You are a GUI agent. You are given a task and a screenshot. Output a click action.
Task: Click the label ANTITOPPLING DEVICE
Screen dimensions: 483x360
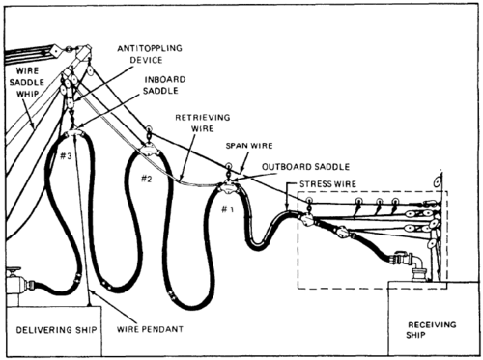(150, 54)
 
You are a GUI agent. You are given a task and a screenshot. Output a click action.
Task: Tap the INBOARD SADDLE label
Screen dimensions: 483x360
(164, 85)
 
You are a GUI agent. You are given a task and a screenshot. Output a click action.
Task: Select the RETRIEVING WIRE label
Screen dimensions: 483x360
(203, 123)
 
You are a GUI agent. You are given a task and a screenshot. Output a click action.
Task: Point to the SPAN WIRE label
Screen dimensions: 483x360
(249, 146)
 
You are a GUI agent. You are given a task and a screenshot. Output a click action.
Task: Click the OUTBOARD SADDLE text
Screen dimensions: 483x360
(305, 167)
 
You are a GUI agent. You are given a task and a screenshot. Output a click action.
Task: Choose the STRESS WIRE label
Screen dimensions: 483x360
(327, 184)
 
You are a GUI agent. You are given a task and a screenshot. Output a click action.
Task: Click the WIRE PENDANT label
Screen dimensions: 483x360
(150, 329)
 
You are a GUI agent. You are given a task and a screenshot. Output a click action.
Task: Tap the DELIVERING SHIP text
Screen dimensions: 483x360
(57, 330)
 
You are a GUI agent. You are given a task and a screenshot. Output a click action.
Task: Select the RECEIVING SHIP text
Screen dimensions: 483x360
(432, 329)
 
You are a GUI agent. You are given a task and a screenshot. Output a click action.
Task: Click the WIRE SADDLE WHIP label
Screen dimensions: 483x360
(27, 82)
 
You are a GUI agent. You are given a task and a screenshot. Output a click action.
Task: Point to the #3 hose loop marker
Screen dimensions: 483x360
(67, 156)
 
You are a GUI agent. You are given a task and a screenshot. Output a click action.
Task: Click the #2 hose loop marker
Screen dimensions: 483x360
(146, 179)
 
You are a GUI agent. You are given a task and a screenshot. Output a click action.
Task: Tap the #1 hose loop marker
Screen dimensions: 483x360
(227, 209)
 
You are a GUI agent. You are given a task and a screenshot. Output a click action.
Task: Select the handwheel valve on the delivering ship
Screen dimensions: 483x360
(14, 272)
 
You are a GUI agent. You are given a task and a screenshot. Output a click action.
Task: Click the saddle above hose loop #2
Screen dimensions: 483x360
(149, 150)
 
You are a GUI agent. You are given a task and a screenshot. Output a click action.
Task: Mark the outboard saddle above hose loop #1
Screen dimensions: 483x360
(228, 187)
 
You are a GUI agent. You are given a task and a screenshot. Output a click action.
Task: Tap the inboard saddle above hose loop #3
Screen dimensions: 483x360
(73, 133)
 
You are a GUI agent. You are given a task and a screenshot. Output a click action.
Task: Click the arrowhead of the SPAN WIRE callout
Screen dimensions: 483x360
(241, 171)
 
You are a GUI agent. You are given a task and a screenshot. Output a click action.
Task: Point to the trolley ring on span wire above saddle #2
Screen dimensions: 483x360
(149, 129)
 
